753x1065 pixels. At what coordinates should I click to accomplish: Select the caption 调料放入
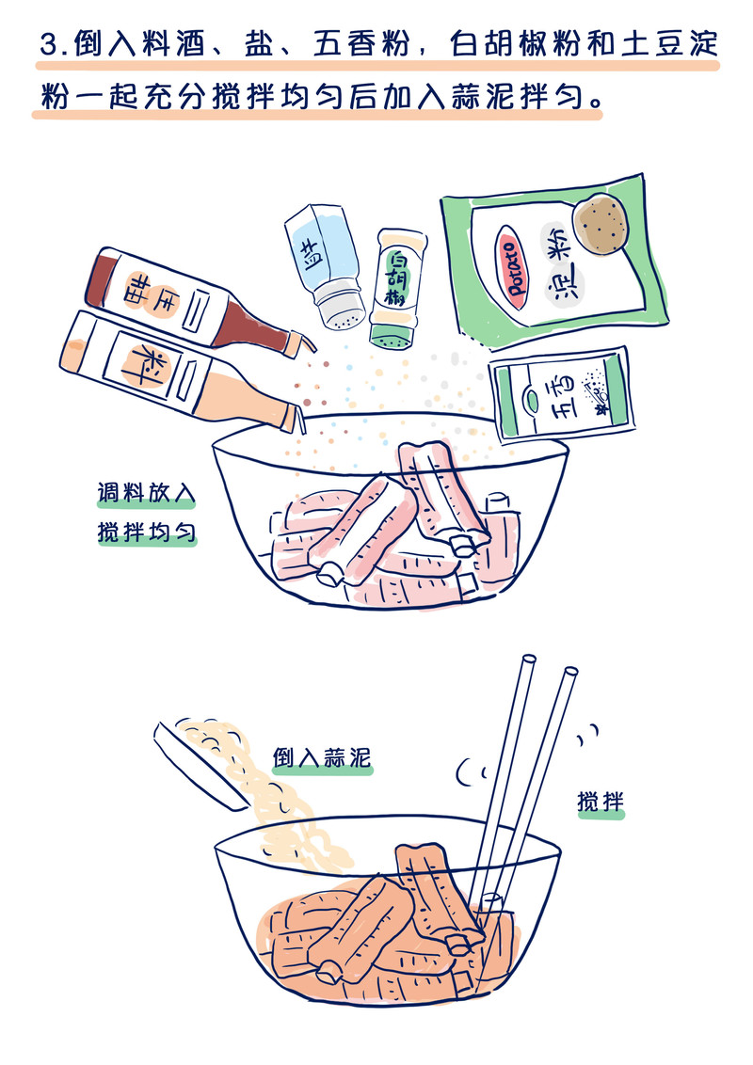pos(146,492)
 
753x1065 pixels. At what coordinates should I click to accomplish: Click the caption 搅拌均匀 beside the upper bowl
pos(146,532)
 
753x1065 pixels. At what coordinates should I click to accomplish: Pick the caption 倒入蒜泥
pos(322,757)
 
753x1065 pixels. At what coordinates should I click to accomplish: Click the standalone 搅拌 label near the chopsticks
pos(601,802)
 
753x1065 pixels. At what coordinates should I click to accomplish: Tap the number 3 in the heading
pos(49,45)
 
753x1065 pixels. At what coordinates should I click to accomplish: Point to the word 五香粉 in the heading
pos(362,44)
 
